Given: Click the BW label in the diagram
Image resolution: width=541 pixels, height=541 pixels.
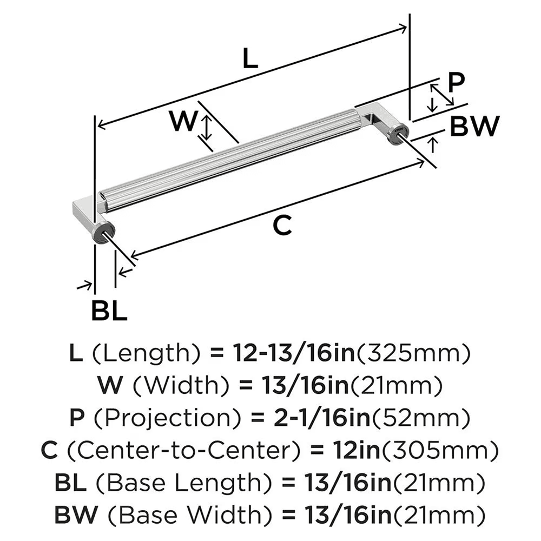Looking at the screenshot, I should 474,127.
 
